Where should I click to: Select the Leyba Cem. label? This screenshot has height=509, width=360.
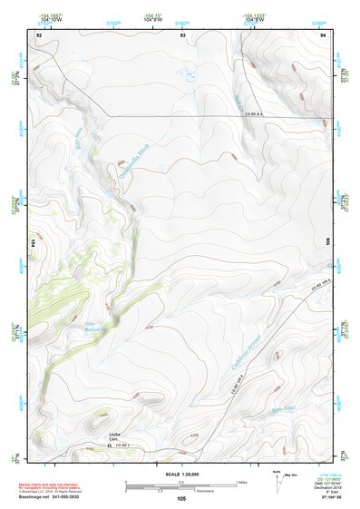click(115, 437)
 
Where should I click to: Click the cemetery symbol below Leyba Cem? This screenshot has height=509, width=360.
click(111, 445)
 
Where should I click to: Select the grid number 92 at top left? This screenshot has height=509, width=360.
click(39, 34)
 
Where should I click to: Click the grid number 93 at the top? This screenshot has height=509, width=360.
click(182, 34)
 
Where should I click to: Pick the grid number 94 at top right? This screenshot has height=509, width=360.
click(322, 34)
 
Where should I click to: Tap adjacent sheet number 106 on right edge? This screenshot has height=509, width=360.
click(326, 243)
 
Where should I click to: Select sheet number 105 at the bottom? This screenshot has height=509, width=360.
click(181, 498)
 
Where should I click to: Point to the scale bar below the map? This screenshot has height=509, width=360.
click(181, 485)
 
